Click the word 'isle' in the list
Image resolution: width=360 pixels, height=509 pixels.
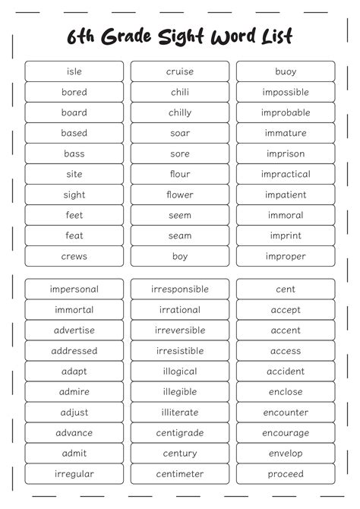[x=74, y=71]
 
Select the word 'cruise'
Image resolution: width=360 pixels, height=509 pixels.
[x=180, y=71]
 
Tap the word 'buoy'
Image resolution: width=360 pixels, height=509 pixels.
[x=286, y=71]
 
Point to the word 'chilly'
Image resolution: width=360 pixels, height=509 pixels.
[x=180, y=112]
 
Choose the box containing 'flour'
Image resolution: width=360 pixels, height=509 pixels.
[x=180, y=174]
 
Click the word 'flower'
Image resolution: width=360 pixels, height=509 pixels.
[x=180, y=194]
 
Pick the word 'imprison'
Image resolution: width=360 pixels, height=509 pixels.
[x=286, y=153]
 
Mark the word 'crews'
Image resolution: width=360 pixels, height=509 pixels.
[x=74, y=256]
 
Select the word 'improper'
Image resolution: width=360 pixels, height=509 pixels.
[x=286, y=256]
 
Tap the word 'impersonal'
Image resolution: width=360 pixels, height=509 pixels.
[x=74, y=289]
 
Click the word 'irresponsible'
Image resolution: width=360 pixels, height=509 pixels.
[x=180, y=289]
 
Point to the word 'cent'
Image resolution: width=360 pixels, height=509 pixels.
[x=286, y=289]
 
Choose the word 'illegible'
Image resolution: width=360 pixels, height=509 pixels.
[x=180, y=392]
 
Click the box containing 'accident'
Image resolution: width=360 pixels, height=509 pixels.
[x=286, y=371]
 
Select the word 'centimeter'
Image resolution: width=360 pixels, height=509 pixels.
[x=180, y=474]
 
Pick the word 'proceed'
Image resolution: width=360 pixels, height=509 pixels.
[x=286, y=474]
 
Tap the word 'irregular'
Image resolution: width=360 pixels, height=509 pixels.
[x=74, y=474]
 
